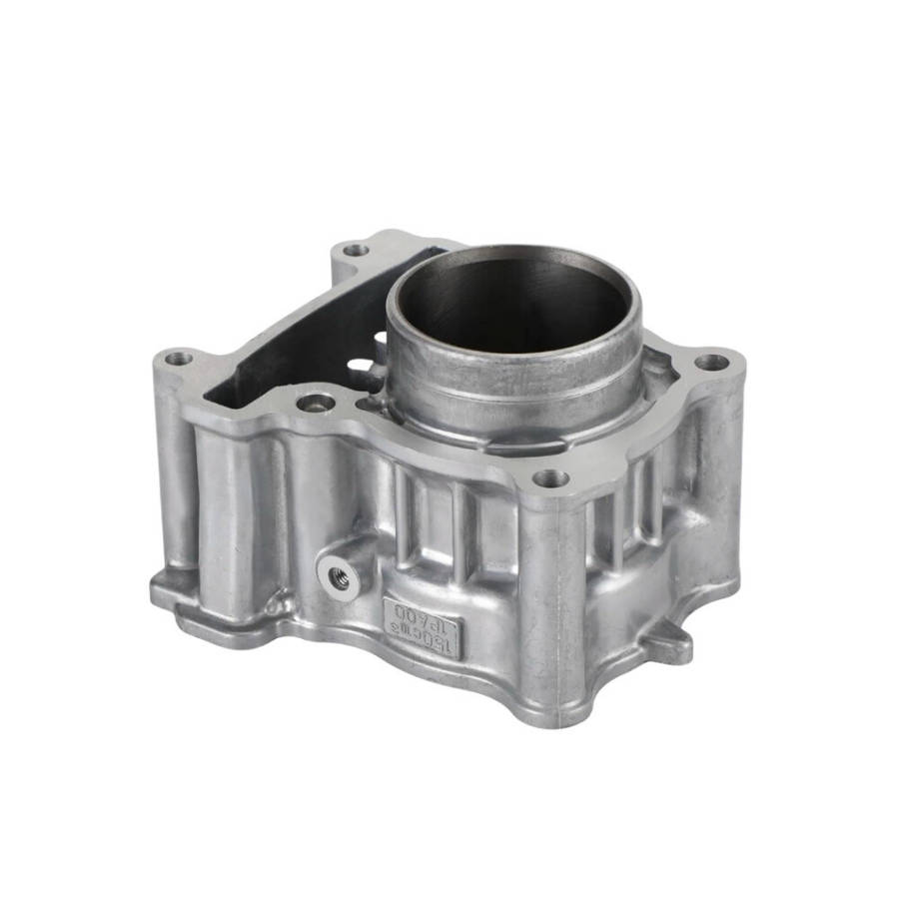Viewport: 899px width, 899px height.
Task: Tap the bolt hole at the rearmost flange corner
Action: pos(355,250)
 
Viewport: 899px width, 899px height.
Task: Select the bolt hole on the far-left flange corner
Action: pos(179,358)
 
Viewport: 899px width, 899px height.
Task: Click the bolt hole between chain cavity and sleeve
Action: pos(316,404)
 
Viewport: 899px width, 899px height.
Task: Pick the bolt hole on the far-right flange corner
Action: pos(710,362)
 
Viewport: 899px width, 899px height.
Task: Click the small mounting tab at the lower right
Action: pos(667,642)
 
